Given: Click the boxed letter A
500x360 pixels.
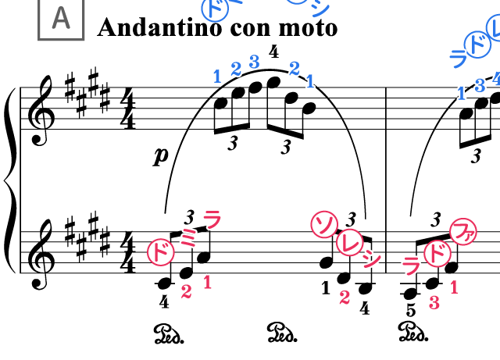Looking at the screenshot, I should tap(61, 18).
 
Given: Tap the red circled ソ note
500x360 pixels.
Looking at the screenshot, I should tap(324, 225).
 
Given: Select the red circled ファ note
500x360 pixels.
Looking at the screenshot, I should tap(463, 232).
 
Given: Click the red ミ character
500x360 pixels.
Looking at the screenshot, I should tap(188, 237).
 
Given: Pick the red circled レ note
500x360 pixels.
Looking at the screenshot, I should tap(350, 242).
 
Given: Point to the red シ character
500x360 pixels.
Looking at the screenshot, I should tap(372, 259).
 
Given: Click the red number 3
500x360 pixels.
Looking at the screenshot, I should tap(434, 303).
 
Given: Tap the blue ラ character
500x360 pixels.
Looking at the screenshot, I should tap(458, 59).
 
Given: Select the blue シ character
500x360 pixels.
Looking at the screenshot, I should tap(320, 9).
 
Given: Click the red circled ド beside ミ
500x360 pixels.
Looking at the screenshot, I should tap(160, 252).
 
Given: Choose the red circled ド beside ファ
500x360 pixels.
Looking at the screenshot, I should tap(437, 254).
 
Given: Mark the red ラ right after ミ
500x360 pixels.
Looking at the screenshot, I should tap(212, 219).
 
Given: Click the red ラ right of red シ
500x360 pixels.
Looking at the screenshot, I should tap(412, 266).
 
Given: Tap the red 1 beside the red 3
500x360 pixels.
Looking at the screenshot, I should tap(454, 287).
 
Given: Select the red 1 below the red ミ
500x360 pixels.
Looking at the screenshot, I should tap(207, 282).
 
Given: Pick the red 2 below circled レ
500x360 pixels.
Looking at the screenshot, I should tap(345, 297).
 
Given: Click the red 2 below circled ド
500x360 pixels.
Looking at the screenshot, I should tap(186, 291).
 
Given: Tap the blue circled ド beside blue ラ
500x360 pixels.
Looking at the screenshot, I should tap(477, 45).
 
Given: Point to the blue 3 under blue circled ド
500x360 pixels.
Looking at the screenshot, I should tap(480, 85).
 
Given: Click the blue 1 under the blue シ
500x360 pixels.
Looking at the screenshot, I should tap(310, 81).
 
